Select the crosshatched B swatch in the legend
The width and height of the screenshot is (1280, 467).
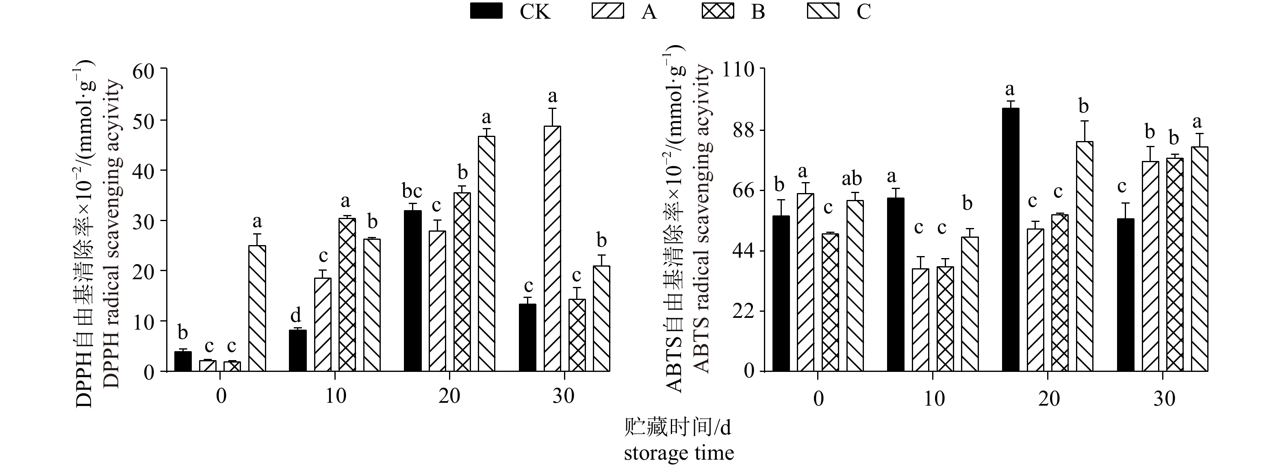pyautogui.click(x=718, y=11)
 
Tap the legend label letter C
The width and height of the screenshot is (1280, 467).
pyautogui.click(x=863, y=11)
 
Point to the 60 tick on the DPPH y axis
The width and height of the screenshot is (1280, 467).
pyautogui.click(x=144, y=70)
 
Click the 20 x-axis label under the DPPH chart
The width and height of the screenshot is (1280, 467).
pyautogui.click(x=450, y=396)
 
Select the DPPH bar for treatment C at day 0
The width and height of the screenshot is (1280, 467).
pyautogui.click(x=257, y=308)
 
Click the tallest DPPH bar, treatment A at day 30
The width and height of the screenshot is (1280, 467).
pyautogui.click(x=552, y=248)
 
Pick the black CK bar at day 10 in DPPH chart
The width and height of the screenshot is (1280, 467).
pyautogui.click(x=297, y=350)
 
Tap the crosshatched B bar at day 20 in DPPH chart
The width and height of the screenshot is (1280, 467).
pyautogui.click(x=462, y=282)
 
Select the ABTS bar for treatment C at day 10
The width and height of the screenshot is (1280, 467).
pyautogui.click(x=970, y=304)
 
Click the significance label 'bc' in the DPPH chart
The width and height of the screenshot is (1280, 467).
pyautogui.click(x=412, y=191)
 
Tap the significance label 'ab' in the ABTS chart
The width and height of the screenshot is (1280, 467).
pyautogui.click(x=852, y=179)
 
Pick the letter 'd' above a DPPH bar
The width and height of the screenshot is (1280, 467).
pyautogui.click(x=296, y=315)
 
